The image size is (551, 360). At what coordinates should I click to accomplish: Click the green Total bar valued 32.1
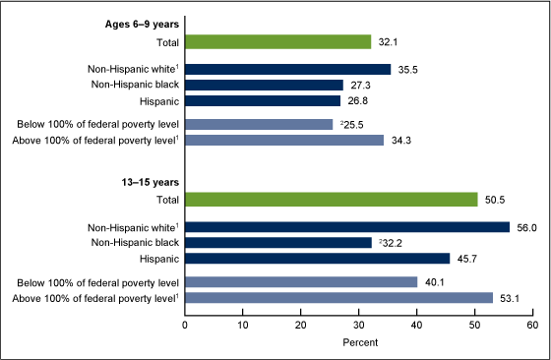[x=277, y=41]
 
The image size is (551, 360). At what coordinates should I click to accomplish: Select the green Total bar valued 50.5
[x=331, y=199]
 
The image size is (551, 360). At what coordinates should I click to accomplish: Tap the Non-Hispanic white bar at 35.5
[x=287, y=70]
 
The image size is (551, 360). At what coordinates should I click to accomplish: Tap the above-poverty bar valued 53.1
[x=338, y=297]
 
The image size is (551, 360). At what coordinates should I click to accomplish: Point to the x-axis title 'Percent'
[x=358, y=343]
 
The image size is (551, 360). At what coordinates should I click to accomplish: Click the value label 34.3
[x=398, y=140]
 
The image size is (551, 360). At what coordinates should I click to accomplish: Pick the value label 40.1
[x=432, y=281]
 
